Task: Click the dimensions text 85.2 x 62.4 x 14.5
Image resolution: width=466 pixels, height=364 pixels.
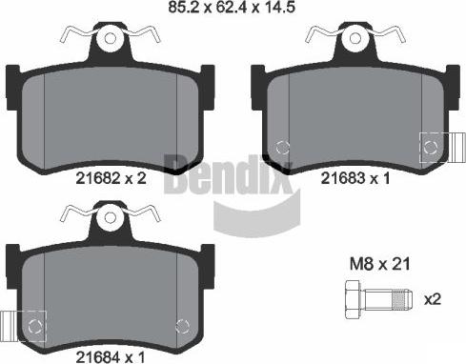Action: pos(232,7)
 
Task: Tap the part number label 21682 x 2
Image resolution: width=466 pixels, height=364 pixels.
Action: pos(111,178)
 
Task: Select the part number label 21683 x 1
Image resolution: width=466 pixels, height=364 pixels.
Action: pos(355,178)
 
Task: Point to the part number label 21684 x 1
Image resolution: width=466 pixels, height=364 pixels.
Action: pos(111,357)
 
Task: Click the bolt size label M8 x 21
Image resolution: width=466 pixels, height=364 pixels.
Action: pos(380,264)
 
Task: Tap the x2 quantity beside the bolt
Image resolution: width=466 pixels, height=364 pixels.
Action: pos(433,299)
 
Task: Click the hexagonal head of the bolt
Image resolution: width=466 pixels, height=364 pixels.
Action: pos(353,299)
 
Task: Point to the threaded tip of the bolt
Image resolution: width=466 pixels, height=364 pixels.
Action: pos(403,300)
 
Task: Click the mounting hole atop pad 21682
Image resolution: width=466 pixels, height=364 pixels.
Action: pos(111,38)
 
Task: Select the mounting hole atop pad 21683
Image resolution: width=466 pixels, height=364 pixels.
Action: pos(355,38)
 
